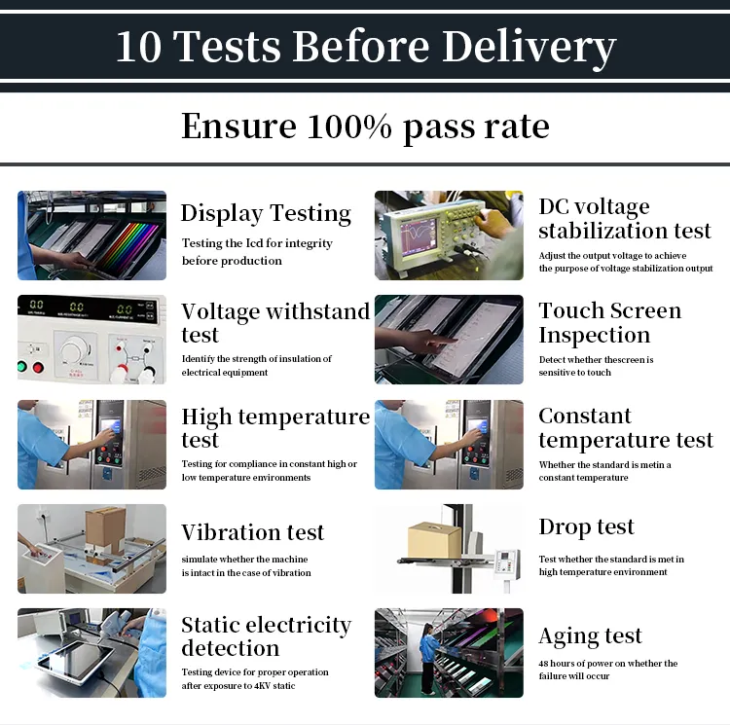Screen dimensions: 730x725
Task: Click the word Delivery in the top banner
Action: point(529,48)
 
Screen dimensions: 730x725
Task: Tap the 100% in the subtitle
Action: point(349,127)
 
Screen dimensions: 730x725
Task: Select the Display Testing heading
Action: point(266,213)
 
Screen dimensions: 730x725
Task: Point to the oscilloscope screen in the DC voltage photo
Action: point(419,236)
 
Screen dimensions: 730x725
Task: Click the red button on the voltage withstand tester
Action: point(38,368)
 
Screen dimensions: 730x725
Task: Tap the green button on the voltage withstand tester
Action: point(21,367)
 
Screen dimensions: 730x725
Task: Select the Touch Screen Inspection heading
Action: point(610,323)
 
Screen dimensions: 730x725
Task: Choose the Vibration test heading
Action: point(252,532)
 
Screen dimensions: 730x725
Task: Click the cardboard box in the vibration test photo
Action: point(106,529)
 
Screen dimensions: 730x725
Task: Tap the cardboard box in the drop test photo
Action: point(434,540)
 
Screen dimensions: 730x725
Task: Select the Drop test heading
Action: point(586,527)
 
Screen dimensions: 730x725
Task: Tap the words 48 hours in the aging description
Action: point(557,663)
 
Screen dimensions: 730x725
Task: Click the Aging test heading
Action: point(591,636)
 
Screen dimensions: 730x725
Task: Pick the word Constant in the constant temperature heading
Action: point(585,416)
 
